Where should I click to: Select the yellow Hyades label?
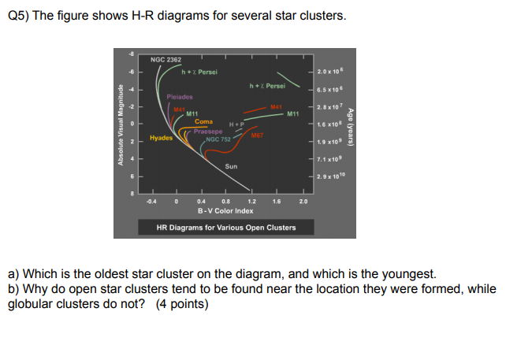(x=162, y=137)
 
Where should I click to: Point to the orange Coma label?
(x=203, y=122)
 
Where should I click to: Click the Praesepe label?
(x=207, y=131)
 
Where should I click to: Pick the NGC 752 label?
(x=218, y=139)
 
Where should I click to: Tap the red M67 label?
(x=257, y=135)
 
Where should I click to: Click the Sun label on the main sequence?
(x=231, y=166)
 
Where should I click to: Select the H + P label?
(x=236, y=124)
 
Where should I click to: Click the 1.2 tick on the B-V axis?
(x=251, y=201)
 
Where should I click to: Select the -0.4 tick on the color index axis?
(x=151, y=201)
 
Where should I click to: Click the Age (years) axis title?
(x=352, y=126)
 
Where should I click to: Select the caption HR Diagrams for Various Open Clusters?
(x=226, y=228)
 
